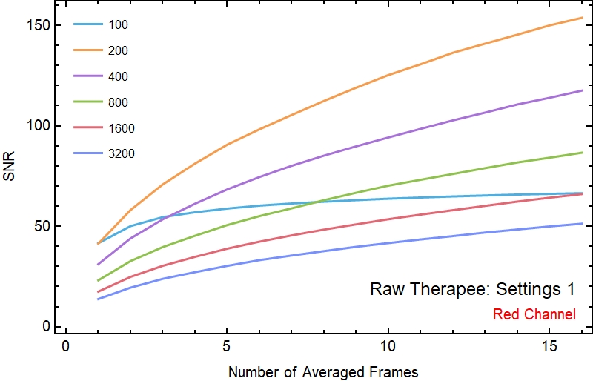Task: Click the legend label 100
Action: [118, 25]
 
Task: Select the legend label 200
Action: [118, 51]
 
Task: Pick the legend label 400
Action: [118, 77]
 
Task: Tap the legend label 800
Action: [118, 102]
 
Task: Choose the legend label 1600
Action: [121, 128]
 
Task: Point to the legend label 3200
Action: [121, 154]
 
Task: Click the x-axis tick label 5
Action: [227, 347]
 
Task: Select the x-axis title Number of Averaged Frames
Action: [324, 370]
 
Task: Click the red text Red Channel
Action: [534, 314]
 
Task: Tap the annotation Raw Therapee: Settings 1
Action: [473, 289]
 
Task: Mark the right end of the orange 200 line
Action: [583, 18]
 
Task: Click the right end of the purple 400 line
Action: [583, 90]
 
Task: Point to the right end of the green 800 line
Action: [583, 153]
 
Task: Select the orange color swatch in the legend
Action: [87, 51]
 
